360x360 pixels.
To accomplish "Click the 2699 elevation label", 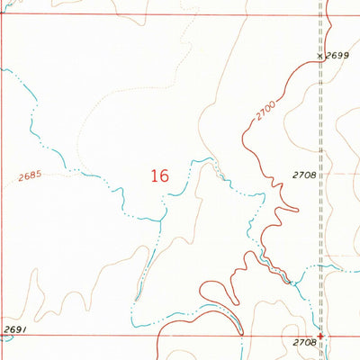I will (337, 56).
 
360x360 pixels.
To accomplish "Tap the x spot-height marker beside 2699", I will (319, 56).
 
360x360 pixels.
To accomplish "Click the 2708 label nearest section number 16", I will (303, 175).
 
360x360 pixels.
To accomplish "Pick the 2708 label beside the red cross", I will (304, 343).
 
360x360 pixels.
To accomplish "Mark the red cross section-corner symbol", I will (320, 337).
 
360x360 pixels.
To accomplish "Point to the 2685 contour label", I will (29, 176).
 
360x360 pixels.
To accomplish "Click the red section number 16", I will (160, 176).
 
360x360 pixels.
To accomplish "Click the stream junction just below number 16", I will (162, 219).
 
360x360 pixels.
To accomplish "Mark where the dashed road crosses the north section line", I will (320, 13).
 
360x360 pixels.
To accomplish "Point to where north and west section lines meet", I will (2, 15).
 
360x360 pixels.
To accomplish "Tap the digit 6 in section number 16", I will (165, 176).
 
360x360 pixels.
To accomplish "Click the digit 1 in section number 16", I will (155, 176).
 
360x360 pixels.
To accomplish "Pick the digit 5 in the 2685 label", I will (39, 175).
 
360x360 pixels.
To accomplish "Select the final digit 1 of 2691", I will (22, 330).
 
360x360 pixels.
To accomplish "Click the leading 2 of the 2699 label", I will (328, 56).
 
